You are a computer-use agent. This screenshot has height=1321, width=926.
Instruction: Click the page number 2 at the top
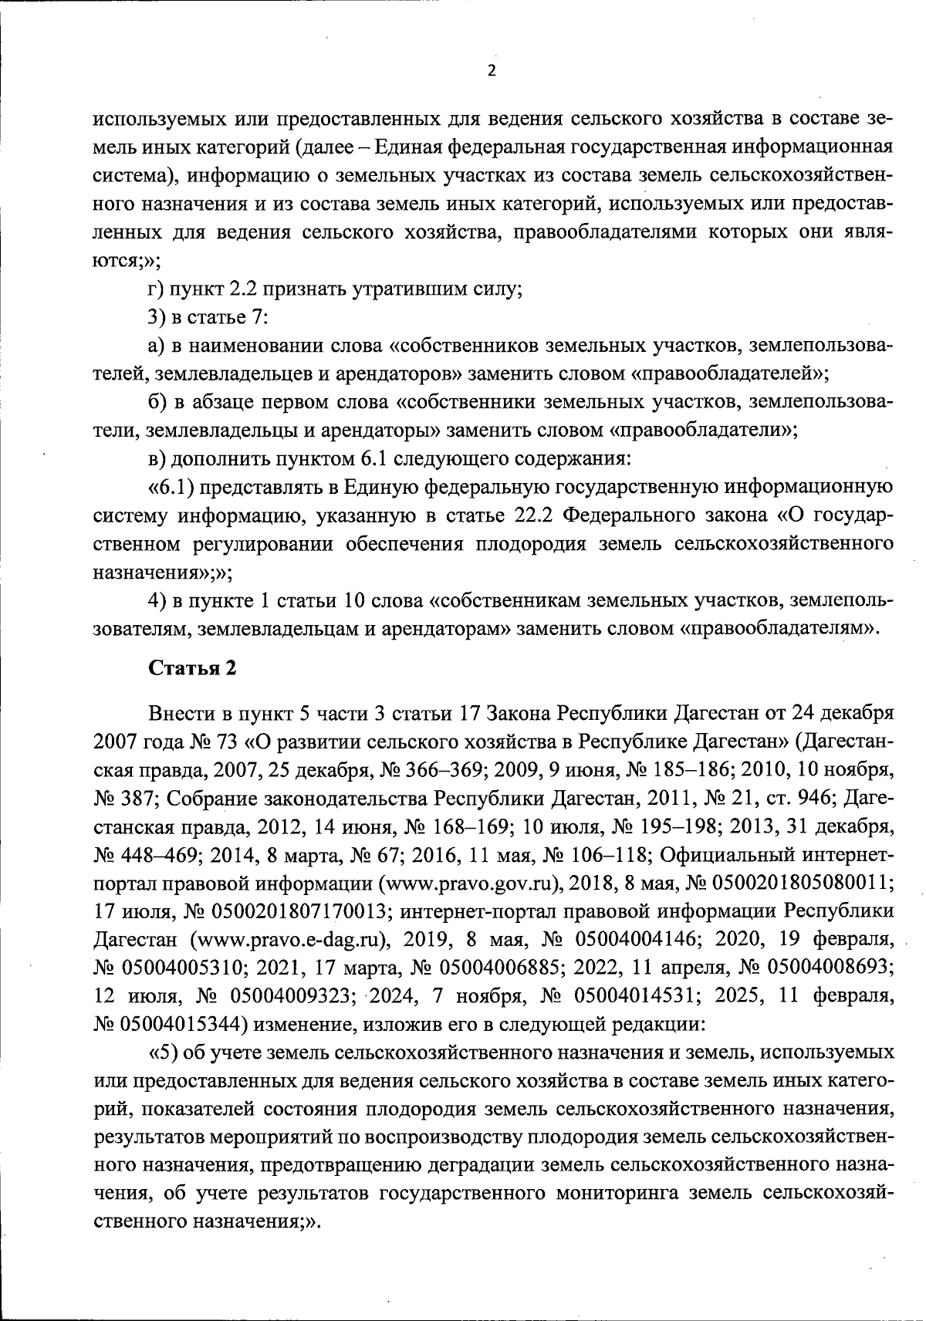492,71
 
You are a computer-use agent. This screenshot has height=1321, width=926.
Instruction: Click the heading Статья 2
192,668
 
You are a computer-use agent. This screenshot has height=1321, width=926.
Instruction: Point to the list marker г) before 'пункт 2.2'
154,290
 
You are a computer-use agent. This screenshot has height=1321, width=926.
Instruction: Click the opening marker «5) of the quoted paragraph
164,1052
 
